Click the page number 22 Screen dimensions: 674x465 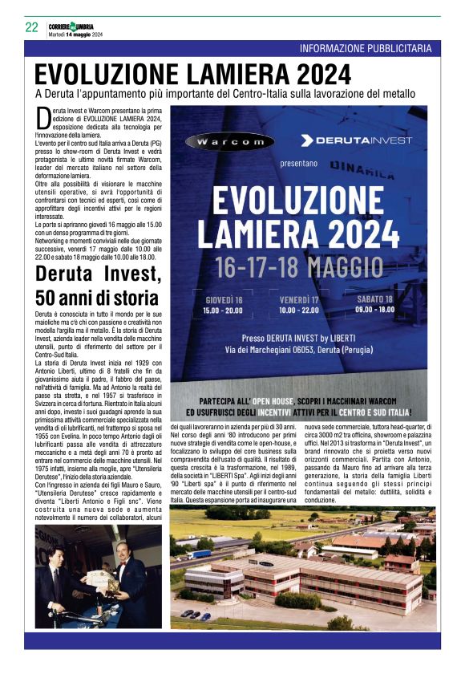[31, 27]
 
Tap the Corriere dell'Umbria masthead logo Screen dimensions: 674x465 [75, 24]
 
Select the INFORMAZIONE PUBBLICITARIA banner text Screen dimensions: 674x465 [370, 49]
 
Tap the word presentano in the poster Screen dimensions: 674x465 [299, 163]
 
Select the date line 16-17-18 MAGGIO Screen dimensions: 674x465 [297, 263]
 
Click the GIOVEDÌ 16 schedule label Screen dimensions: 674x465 [223, 298]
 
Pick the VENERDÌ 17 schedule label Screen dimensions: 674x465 [299, 298]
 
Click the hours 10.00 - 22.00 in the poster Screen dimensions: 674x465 [299, 309]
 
